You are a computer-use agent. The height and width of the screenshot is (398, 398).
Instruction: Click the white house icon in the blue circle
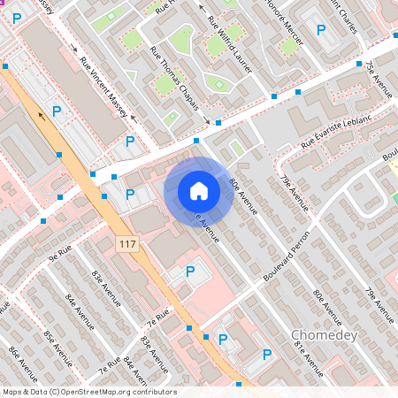[x=199, y=190]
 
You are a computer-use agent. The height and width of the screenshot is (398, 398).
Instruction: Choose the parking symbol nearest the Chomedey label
[x=266, y=355]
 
